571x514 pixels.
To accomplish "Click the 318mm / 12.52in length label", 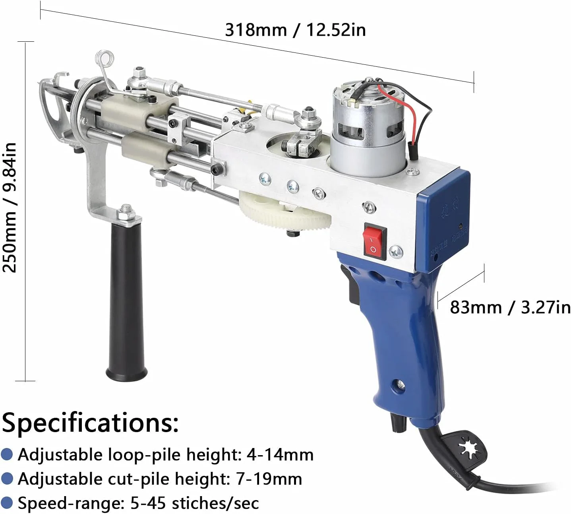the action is click(x=295, y=30).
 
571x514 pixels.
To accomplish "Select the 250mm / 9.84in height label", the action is click(x=10, y=208).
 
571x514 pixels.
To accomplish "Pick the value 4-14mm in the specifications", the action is click(x=280, y=455).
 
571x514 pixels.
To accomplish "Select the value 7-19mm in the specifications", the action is click(x=268, y=479).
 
